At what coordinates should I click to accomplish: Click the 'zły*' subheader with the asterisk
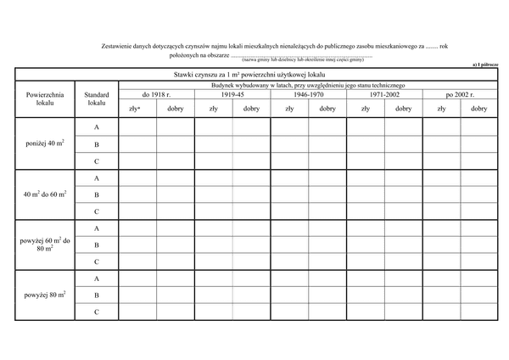(x=135, y=109)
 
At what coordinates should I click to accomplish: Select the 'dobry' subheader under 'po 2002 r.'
(x=478, y=109)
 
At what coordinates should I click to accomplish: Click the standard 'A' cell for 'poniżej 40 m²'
(x=97, y=127)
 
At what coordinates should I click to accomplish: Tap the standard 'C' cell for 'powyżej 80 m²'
(x=97, y=312)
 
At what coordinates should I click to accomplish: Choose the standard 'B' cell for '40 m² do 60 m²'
(x=97, y=194)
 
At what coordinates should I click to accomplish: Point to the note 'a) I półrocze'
(x=491, y=65)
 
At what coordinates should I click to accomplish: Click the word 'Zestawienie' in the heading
(x=118, y=46)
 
